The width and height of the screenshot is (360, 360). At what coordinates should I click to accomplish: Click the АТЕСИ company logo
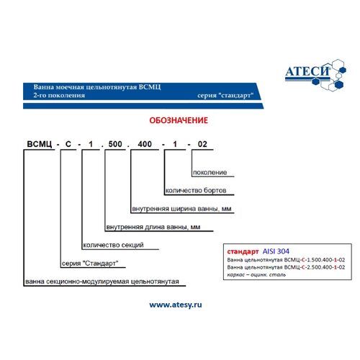coord(315,75)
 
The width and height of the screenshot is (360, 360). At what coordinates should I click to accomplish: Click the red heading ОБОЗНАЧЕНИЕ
coord(179,120)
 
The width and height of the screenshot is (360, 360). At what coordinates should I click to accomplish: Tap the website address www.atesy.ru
coord(176,305)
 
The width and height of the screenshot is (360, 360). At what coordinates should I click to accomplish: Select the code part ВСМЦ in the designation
coord(40,144)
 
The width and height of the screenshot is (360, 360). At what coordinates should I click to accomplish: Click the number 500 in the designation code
coord(115,144)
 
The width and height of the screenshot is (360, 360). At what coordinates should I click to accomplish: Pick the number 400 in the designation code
coord(145,144)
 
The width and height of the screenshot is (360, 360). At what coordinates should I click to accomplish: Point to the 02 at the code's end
coord(202,144)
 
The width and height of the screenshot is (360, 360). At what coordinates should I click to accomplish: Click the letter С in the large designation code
coord(68,144)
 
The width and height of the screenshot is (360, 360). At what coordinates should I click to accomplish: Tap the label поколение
coord(210,172)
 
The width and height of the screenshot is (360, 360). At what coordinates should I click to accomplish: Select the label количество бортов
coord(196,190)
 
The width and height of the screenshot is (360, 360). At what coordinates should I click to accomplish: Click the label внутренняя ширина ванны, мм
coord(181,209)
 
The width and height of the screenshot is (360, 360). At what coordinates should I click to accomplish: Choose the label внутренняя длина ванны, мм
coord(153,227)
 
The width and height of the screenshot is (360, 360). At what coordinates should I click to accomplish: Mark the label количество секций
coord(113,245)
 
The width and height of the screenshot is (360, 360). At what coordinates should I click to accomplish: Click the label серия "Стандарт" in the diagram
coord(90,264)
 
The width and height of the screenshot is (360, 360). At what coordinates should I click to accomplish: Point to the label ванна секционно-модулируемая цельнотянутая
coord(102,282)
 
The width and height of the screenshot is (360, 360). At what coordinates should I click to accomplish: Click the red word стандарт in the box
coord(243,251)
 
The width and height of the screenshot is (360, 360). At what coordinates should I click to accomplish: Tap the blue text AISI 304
coord(276,251)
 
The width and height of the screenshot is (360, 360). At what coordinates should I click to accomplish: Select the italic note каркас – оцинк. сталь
coord(256,275)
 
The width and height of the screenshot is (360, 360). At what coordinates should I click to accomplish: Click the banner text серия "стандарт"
coord(225,96)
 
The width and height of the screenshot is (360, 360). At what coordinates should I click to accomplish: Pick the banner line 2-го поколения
coord(59,95)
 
